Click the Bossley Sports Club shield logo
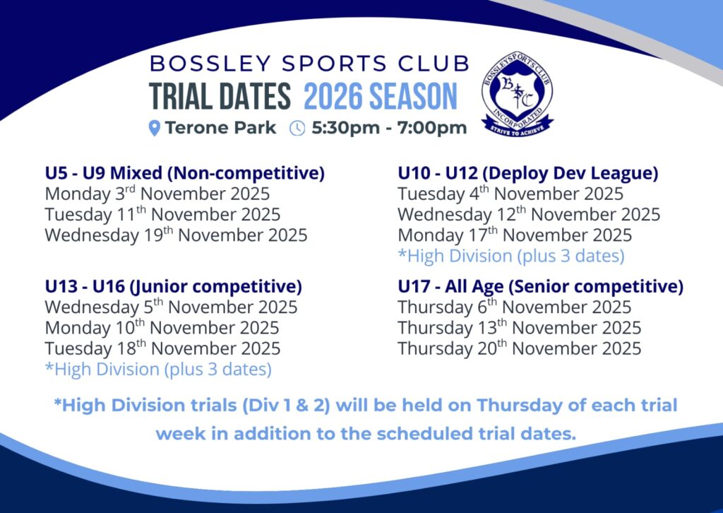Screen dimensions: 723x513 pyautogui.click(x=518, y=98)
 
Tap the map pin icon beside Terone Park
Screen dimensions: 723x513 pyautogui.click(x=155, y=128)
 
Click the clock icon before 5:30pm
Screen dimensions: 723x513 pyautogui.click(x=297, y=128)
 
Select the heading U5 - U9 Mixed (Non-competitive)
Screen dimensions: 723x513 pyautogui.click(x=185, y=173)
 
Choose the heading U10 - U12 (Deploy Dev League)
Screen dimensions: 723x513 pyautogui.click(x=528, y=173)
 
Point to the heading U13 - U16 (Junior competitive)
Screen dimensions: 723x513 pyautogui.click(x=174, y=286)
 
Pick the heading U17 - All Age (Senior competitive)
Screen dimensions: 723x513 pyautogui.click(x=540, y=286)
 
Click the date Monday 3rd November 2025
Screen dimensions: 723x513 pyautogui.click(x=157, y=194)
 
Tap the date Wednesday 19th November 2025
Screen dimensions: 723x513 pyautogui.click(x=176, y=235)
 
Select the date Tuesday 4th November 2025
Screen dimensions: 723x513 pyautogui.click(x=510, y=194)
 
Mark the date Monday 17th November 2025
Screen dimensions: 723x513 pyautogui.click(x=515, y=235)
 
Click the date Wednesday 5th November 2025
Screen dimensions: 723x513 pyautogui.click(x=171, y=307)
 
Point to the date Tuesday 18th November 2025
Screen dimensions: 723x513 pyautogui.click(x=163, y=348)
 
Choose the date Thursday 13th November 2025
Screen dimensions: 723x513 pyautogui.click(x=520, y=328)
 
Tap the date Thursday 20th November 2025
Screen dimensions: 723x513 pyautogui.click(x=520, y=348)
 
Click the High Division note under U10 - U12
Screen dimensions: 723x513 pyautogui.click(x=511, y=256)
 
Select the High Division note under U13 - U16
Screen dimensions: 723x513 pyautogui.click(x=158, y=369)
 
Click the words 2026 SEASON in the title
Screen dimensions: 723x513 pyautogui.click(x=381, y=96)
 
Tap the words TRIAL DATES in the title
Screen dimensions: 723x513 pyautogui.click(x=220, y=96)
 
